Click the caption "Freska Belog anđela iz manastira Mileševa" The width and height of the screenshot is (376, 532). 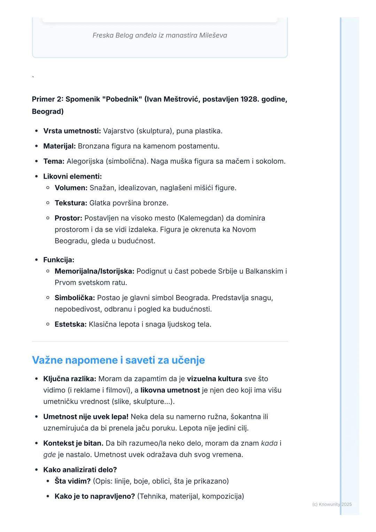(x=160, y=35)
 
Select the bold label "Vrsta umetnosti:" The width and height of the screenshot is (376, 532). (x=72, y=131)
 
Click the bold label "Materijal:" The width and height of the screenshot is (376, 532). (x=59, y=146)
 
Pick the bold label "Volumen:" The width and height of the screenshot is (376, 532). (x=71, y=188)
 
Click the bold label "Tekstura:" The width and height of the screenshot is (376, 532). (x=71, y=203)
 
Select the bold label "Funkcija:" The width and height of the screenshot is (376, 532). (x=58, y=260)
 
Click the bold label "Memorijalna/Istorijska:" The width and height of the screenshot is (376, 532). (x=94, y=271)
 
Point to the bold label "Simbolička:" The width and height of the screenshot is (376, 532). (x=75, y=298)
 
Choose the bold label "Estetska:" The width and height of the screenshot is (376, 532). (x=71, y=324)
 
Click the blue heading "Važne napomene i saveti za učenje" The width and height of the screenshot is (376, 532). (x=118, y=360)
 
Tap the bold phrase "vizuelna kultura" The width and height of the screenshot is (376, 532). (x=214, y=379)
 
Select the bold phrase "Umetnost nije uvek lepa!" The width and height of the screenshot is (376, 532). (x=86, y=417)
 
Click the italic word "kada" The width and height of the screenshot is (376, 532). (x=269, y=443)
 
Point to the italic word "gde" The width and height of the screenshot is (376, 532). (x=49, y=455)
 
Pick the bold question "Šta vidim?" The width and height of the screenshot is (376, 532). (x=72, y=481)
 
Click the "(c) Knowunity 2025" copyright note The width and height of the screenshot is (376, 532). (x=332, y=504)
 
